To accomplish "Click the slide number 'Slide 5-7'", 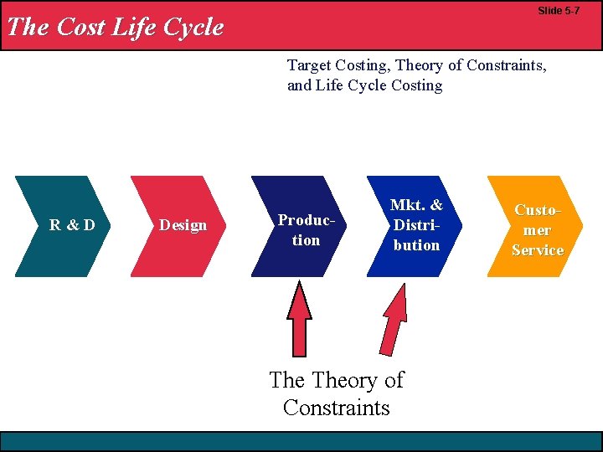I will pyautogui.click(x=558, y=11).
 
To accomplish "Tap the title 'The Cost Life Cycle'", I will pyautogui.click(x=115, y=27).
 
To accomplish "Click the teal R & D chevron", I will pyautogui.click(x=63, y=226).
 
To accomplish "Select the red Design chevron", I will pyautogui.click(x=178, y=226).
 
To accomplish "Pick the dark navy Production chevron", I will pyautogui.click(x=297, y=227).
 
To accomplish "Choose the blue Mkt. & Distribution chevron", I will pyautogui.click(x=414, y=226).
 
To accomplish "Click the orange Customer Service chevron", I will pyautogui.click(x=535, y=226).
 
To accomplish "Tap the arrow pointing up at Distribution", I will pyautogui.click(x=394, y=318).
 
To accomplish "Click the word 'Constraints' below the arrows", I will pyautogui.click(x=336, y=408).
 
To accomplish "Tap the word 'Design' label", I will pyautogui.click(x=183, y=224).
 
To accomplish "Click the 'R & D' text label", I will pyautogui.click(x=72, y=224).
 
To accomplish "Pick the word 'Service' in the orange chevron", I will pyautogui.click(x=538, y=249).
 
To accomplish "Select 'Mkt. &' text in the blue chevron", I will pyautogui.click(x=416, y=206).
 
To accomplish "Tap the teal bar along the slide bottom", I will pyautogui.click(x=301, y=441).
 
